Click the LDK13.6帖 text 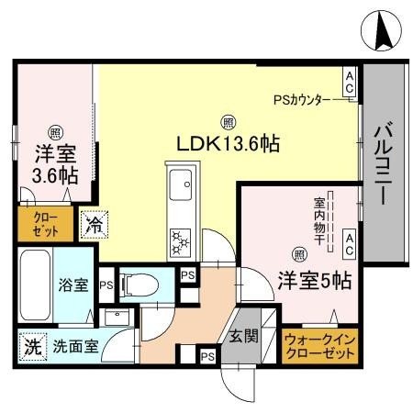tap(227, 143)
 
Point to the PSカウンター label tap(306, 98)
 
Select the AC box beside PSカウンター tap(350, 82)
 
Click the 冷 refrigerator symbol tap(92, 222)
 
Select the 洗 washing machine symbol tap(29, 348)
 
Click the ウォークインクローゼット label tap(320, 346)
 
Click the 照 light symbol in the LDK tap(227, 120)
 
